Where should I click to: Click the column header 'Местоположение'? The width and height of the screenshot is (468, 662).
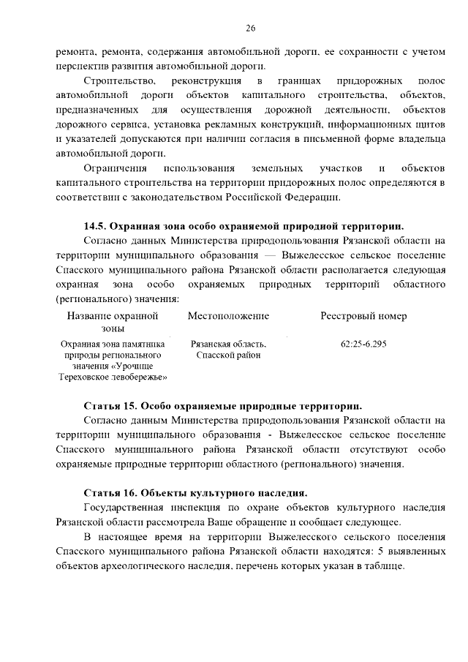point(228,316)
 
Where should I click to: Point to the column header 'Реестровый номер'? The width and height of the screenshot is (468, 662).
point(363,316)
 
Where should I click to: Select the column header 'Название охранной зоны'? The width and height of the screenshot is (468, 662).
point(113,323)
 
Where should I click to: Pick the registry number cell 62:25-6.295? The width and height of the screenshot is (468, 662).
point(363,343)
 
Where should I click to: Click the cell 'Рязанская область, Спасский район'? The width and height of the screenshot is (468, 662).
point(228,349)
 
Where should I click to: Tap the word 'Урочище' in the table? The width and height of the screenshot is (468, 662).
point(134,366)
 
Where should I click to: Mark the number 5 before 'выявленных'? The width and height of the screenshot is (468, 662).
point(373,554)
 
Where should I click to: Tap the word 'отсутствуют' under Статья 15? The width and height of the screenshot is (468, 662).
point(379,449)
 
